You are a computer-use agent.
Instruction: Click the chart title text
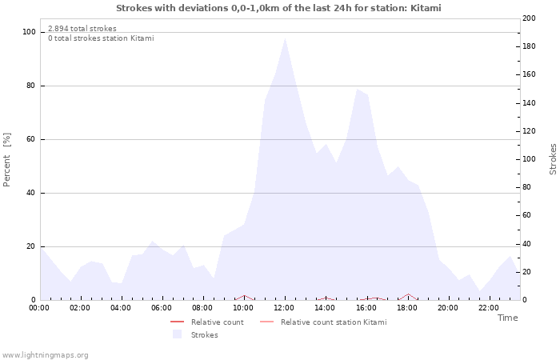(278, 8)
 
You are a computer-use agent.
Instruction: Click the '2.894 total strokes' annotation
(82, 29)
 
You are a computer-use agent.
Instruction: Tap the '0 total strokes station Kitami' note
(101, 38)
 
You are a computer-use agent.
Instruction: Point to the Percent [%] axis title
(7, 160)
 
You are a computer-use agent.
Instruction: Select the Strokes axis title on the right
(553, 159)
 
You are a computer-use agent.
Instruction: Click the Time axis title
(507, 318)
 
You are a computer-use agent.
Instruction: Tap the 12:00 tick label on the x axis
(284, 308)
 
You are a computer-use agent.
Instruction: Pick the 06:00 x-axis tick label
(162, 308)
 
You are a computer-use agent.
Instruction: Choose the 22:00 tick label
(488, 308)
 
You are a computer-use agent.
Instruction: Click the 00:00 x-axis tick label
(39, 308)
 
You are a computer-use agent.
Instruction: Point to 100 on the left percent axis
(29, 32)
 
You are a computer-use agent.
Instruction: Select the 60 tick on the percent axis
(31, 139)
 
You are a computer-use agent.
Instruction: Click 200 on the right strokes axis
(529, 18)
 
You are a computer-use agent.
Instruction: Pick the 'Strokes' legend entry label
(204, 335)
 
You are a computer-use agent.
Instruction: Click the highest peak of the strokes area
(285, 38)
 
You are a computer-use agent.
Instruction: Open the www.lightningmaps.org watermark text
(45, 355)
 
